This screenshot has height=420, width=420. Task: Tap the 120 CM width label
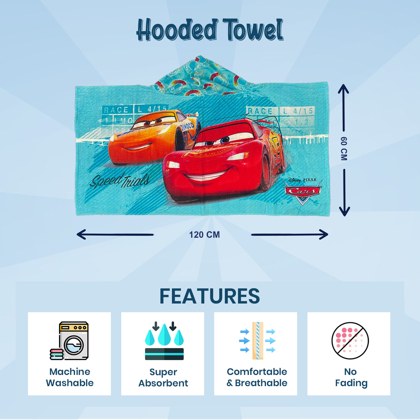[205, 235]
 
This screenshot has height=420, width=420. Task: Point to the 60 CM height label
[344, 149]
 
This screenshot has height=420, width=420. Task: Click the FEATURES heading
[210, 297]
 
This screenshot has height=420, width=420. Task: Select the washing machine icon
[70, 341]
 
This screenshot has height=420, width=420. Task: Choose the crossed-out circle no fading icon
[350, 341]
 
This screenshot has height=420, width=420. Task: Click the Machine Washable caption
[70, 377]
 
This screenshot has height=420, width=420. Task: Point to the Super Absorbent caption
[163, 377]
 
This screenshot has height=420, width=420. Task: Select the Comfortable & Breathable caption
[257, 377]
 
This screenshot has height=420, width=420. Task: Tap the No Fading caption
[351, 377]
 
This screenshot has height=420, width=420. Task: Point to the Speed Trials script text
[119, 180]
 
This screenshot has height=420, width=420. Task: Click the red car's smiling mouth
[206, 176]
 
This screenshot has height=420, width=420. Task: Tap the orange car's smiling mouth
[138, 147]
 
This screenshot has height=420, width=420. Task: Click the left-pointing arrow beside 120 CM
[115, 234]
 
